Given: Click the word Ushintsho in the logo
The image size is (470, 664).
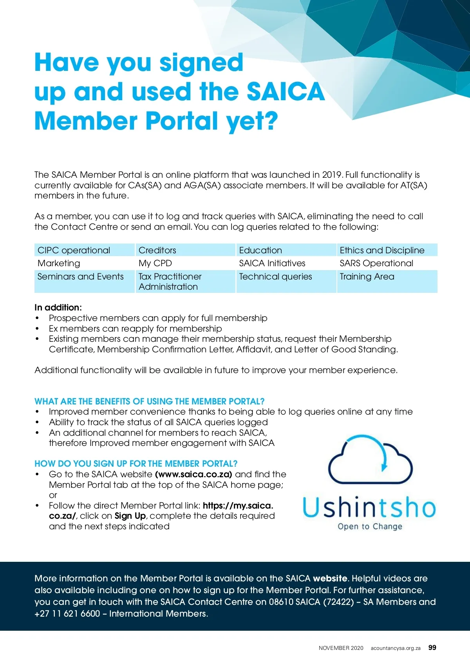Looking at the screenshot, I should pyautogui.click(x=369, y=507).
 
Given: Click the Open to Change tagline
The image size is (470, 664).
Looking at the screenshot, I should pyautogui.click(x=370, y=527).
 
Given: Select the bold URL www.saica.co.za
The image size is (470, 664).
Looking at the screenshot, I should pyautogui.click(x=194, y=475).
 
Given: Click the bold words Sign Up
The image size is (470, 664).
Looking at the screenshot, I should pyautogui.click(x=130, y=516).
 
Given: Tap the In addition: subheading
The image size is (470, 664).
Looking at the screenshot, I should pyautogui.click(x=58, y=308).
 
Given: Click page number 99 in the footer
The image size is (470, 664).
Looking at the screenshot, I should pyautogui.click(x=432, y=648).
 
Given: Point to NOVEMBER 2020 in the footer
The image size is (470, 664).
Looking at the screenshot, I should pyautogui.click(x=341, y=648).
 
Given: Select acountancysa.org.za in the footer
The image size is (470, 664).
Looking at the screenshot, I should pyautogui.click(x=396, y=648).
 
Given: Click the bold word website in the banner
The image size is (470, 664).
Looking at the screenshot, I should pyautogui.click(x=330, y=578).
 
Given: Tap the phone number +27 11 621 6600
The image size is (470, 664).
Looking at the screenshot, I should pyautogui.click(x=67, y=613).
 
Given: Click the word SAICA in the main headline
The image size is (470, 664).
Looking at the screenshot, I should pyautogui.click(x=286, y=92).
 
